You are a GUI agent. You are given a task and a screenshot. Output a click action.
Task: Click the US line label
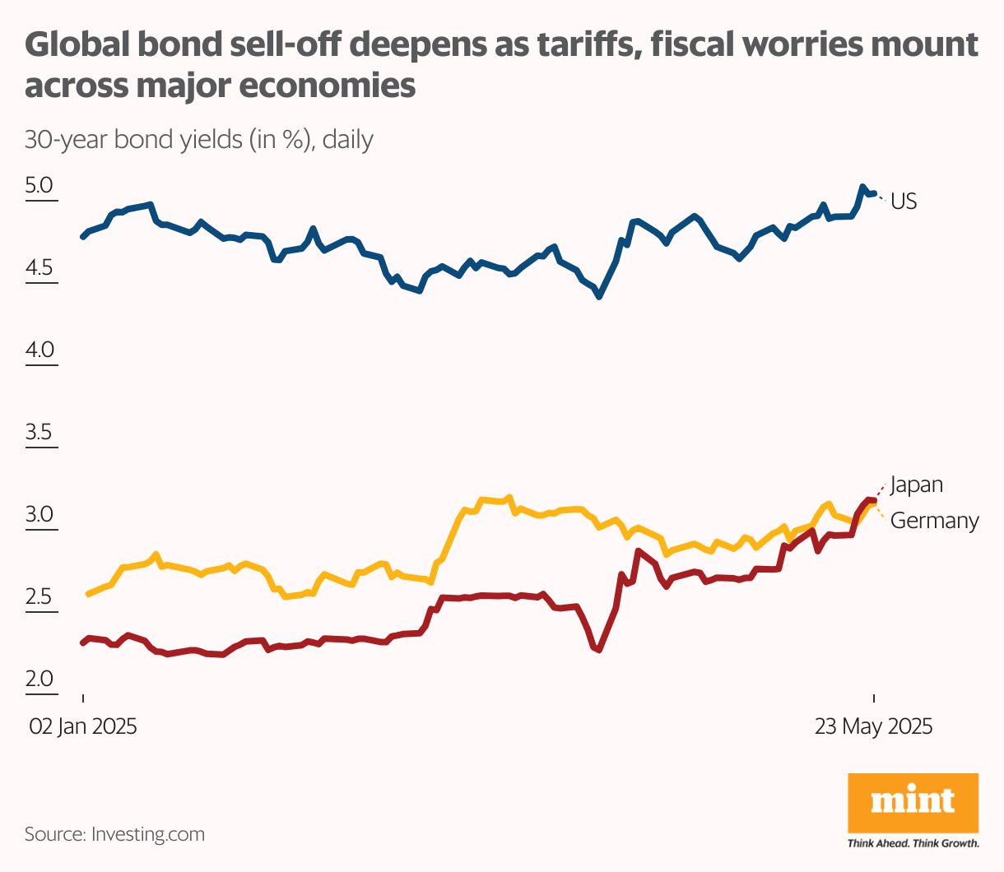(904, 202)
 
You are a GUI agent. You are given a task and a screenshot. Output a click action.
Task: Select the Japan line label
(916, 485)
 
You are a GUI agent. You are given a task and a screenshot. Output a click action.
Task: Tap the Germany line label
(934, 521)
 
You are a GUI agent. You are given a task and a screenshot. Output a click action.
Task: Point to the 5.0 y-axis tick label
(39, 186)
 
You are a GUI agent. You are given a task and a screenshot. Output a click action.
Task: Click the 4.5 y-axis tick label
(39, 268)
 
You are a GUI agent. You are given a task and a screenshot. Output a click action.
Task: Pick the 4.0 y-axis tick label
(39, 350)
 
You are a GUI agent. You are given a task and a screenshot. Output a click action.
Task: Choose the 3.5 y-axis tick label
(39, 433)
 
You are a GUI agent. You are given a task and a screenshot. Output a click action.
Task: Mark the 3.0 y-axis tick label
(39, 515)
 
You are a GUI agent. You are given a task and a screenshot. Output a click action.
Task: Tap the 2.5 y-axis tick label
(39, 597)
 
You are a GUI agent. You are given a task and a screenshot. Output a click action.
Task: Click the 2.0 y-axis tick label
(39, 680)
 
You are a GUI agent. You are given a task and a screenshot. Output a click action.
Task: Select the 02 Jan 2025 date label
(83, 727)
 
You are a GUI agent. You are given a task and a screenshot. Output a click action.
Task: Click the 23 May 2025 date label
(873, 727)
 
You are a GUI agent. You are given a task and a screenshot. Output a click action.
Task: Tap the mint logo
(913, 801)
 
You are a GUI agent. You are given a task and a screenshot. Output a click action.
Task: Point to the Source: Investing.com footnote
(114, 834)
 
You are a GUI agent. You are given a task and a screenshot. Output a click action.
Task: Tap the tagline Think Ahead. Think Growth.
(913, 843)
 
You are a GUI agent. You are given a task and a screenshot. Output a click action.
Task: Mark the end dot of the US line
(874, 193)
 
